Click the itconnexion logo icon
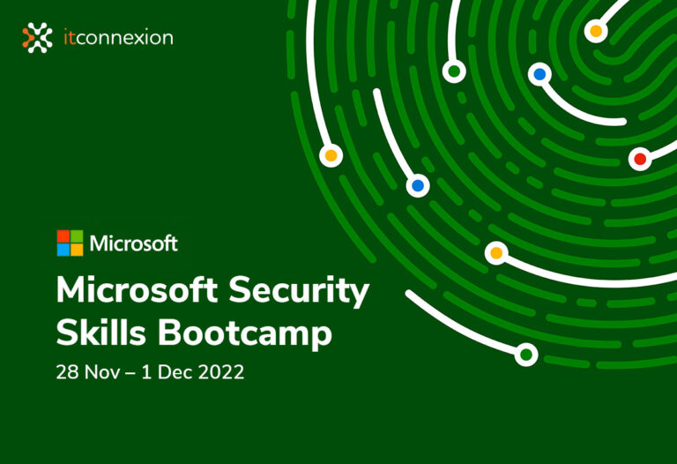(37, 37)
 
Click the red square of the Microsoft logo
(63, 236)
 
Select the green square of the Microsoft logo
(77, 236)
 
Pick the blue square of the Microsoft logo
(63, 250)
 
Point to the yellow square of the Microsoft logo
(77, 250)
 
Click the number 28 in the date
(66, 372)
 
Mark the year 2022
(219, 372)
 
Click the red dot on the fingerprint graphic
(640, 159)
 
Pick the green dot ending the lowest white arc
(526, 355)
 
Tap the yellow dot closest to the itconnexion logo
(331, 156)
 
